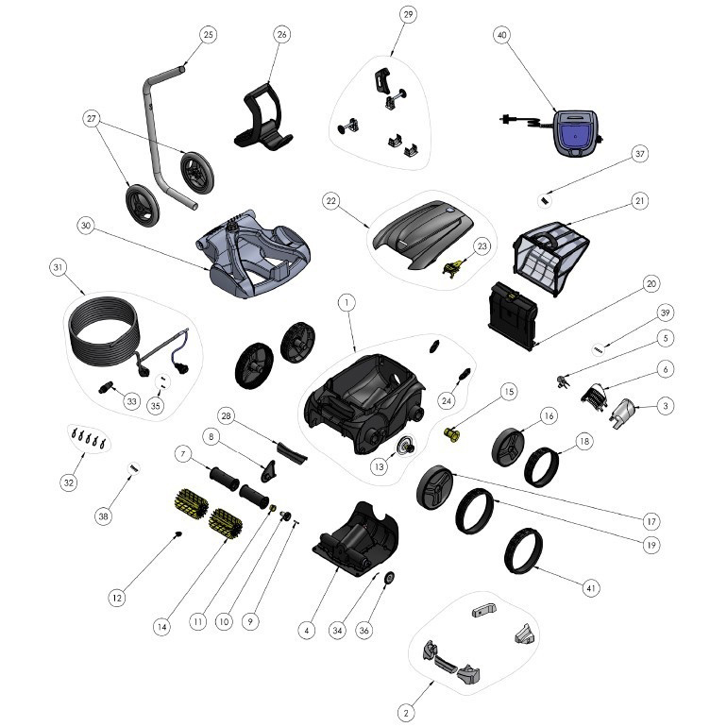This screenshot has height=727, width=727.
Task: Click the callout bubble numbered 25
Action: [x=208, y=35]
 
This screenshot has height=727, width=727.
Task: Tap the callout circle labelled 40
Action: [x=501, y=35]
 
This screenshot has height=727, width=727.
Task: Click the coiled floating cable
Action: [x=104, y=327]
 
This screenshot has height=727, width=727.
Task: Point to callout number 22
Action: [x=331, y=201]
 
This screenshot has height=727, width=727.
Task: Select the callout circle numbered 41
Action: [x=591, y=588]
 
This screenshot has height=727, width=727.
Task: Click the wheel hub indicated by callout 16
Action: [x=507, y=446]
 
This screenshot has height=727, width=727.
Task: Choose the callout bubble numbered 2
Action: [x=406, y=713]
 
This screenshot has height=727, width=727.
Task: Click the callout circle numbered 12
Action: [x=117, y=598]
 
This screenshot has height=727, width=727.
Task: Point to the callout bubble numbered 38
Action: [x=104, y=516]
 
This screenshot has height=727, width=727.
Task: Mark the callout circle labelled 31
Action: [x=58, y=267]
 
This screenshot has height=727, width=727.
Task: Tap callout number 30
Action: [x=86, y=226]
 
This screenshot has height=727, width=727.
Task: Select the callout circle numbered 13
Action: [x=380, y=466]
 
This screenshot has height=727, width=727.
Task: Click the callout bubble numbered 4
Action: [x=307, y=630]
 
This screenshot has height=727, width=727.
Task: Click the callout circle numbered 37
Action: [x=640, y=154]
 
